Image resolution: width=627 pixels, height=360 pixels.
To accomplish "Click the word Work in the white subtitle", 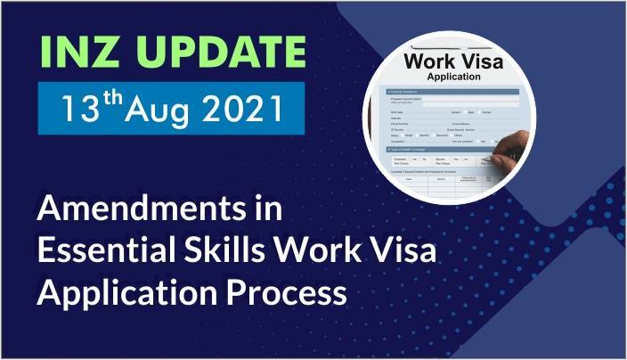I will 315,252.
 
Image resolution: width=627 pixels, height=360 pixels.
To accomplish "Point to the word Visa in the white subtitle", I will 404,252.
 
